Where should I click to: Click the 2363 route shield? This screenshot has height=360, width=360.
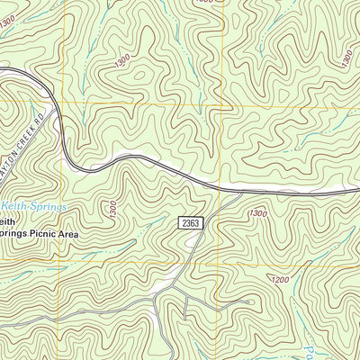tap(189, 222)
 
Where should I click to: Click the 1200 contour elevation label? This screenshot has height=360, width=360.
tap(280, 280)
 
